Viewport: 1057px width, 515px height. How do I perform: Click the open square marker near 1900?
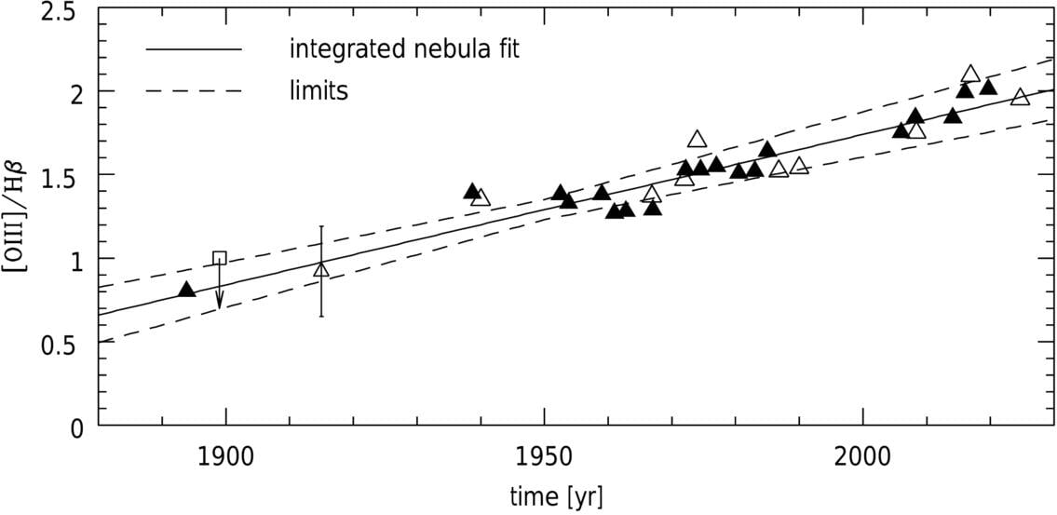(x=219, y=258)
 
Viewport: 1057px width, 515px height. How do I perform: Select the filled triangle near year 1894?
(x=186, y=290)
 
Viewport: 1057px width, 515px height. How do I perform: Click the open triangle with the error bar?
(x=321, y=269)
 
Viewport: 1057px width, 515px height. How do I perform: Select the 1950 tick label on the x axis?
(x=544, y=457)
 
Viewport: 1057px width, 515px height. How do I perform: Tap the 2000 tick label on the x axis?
(x=863, y=457)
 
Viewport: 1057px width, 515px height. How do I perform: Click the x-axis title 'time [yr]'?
(x=556, y=496)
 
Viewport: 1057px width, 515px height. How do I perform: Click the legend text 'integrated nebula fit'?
(x=403, y=49)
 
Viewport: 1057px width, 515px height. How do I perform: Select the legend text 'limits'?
(x=318, y=91)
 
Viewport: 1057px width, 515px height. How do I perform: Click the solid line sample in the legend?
(x=194, y=49)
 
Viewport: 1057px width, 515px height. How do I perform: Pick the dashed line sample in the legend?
(x=194, y=91)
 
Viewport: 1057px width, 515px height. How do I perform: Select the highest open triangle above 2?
(x=970, y=74)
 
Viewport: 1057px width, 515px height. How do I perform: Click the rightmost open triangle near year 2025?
(x=1021, y=96)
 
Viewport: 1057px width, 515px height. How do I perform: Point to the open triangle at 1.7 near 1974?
(x=697, y=139)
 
